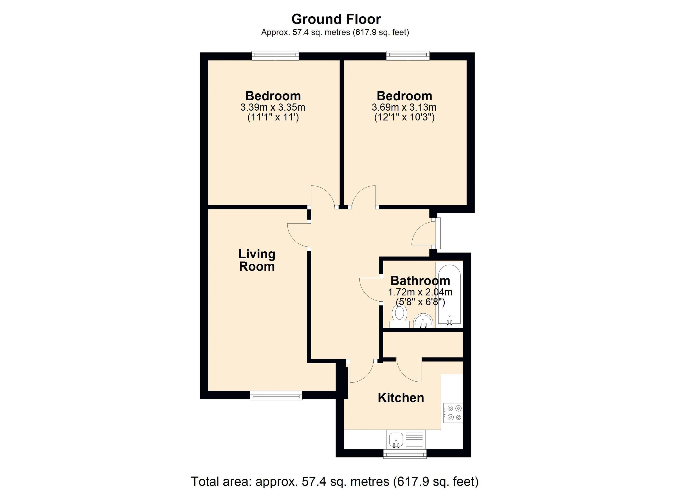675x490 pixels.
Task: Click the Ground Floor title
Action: tap(336, 19)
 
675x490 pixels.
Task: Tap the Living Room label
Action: tap(257, 260)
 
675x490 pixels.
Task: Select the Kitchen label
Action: tap(400, 398)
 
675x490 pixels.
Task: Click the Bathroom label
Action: tap(420, 281)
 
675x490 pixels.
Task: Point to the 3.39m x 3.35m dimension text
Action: tap(273, 107)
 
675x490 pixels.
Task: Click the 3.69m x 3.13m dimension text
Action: tap(404, 107)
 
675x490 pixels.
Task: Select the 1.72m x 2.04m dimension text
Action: tap(420, 292)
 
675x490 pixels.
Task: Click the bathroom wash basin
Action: tap(423, 320)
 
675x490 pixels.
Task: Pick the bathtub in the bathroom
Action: tap(449, 294)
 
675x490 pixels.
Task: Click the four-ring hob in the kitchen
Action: tap(453, 413)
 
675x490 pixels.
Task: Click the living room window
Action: tap(276, 395)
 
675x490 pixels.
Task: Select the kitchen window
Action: tap(404, 454)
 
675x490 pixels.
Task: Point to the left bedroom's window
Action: tap(275, 56)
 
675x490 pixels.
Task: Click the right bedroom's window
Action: tap(408, 56)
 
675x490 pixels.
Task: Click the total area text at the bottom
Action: tap(334, 481)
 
